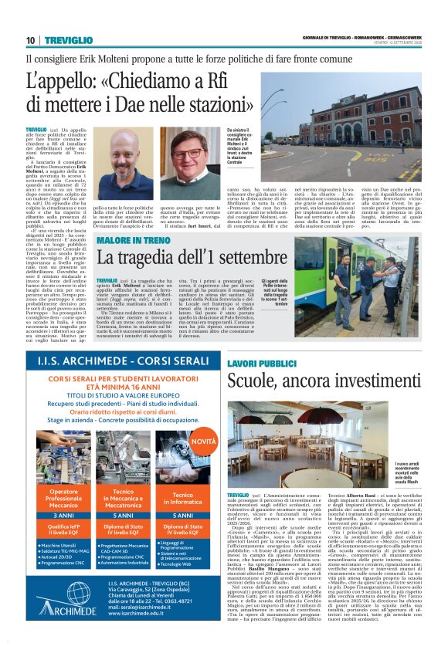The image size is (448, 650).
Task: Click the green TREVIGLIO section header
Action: (68, 40)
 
